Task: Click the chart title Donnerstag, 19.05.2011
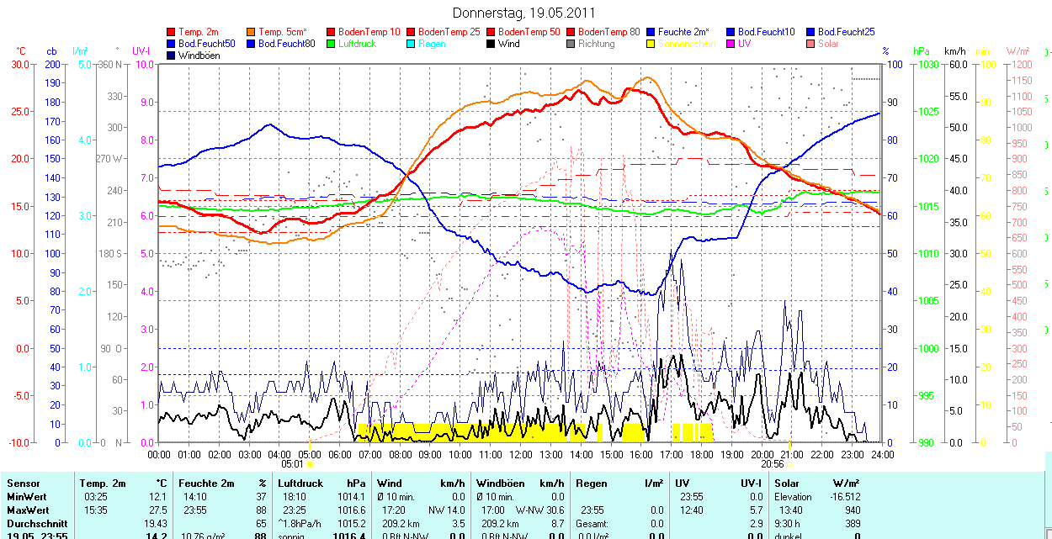pos(523,13)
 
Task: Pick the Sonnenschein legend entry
pos(687,44)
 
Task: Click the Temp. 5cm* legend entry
pos(282,32)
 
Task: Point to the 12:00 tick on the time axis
pos(521,455)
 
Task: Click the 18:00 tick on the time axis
pos(702,455)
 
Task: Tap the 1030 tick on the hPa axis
pos(927,64)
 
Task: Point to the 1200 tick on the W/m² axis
pos(1020,64)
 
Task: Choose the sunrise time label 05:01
pos(292,463)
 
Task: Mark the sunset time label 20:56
pos(772,463)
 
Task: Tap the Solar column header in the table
pos(787,484)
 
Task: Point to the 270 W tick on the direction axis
pos(110,159)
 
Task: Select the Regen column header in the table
pos(591,484)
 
